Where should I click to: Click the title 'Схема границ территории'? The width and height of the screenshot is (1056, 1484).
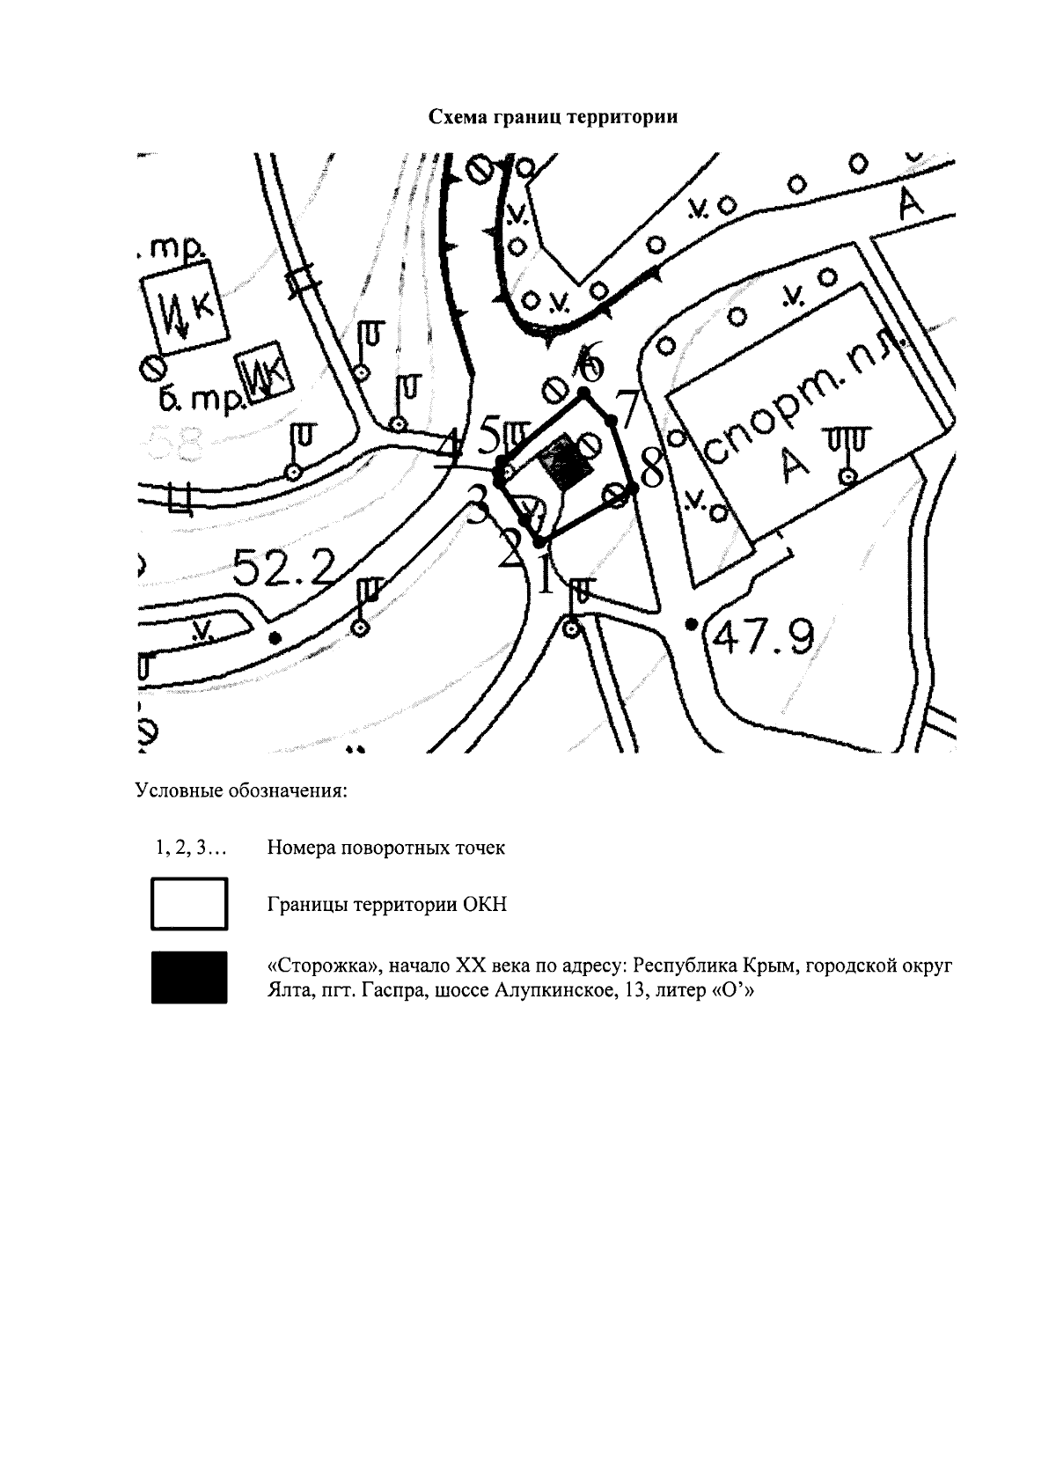point(553,117)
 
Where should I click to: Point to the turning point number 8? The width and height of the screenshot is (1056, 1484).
point(653,468)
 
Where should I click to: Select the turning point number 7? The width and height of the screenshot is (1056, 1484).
point(627,408)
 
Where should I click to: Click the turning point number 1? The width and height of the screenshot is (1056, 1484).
point(546,576)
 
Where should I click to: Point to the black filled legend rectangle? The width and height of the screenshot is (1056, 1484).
point(189,977)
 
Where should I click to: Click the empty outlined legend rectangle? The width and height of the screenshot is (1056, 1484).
point(189,904)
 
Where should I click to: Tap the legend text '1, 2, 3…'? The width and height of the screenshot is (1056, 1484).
point(190,849)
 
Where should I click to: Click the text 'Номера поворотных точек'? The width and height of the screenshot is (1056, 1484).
point(386,849)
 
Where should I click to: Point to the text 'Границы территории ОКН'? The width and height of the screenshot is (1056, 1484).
point(387,905)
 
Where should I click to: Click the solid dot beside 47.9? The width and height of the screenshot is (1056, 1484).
point(692,624)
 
